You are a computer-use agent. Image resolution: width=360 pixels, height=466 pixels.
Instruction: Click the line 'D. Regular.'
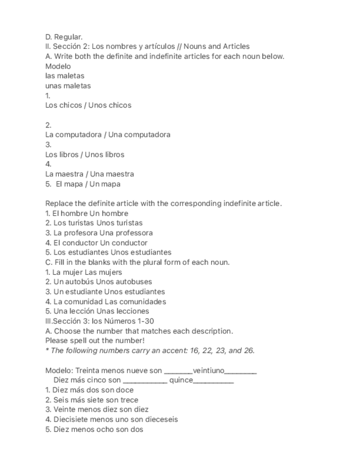point(64,37)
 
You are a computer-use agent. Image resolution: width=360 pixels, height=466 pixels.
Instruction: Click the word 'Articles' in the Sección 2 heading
point(236,47)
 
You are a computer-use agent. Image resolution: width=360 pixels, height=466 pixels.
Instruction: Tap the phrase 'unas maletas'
point(68,86)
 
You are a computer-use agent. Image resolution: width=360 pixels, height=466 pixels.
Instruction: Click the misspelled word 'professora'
point(134,233)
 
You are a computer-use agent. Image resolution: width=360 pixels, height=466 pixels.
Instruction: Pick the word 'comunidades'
point(143,302)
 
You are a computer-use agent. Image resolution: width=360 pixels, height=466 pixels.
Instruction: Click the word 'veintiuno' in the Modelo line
point(208,371)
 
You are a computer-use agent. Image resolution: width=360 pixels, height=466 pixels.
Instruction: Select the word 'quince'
point(181,380)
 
